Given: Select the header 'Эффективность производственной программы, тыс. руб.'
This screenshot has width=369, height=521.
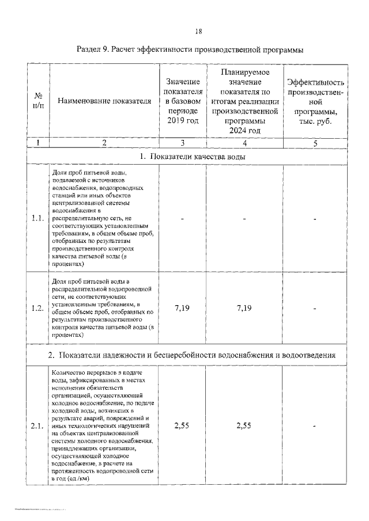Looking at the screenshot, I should tap(315, 102).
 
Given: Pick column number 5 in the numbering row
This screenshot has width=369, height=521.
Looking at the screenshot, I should tap(315, 143).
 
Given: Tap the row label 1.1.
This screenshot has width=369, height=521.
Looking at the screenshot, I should tap(38, 218).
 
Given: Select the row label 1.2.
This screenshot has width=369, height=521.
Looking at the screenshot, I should tap(38, 308).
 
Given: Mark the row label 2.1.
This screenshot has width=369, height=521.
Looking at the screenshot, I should tap(38, 425).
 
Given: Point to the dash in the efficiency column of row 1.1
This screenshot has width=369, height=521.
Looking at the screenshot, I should tap(315, 219).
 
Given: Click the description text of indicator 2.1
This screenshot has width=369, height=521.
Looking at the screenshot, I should tap(102, 425).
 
